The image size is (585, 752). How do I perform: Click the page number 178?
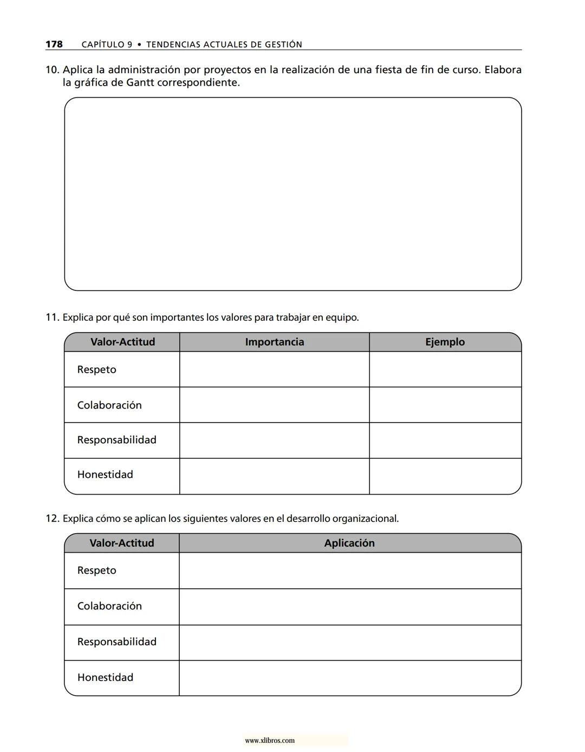(54, 44)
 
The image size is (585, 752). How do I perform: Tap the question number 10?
(52, 70)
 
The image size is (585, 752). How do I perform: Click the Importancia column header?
(274, 342)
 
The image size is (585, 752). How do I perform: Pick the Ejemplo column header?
(445, 342)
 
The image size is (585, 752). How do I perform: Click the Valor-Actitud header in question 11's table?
(122, 342)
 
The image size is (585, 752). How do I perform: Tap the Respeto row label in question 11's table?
(96, 369)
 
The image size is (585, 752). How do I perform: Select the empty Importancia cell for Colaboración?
(274, 405)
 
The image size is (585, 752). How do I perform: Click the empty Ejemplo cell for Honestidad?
(445, 476)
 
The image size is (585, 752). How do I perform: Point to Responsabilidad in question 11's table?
(116, 440)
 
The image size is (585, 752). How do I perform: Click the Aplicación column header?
(349, 543)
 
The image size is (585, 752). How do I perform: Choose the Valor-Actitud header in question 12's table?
(122, 543)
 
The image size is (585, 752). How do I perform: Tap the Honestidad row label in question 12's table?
(105, 677)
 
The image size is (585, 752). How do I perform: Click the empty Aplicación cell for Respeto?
(349, 571)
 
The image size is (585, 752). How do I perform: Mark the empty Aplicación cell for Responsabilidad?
(349, 642)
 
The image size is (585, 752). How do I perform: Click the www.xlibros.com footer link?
(270, 741)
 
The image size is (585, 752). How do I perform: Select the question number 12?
(52, 518)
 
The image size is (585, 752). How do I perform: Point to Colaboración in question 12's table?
(109, 606)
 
